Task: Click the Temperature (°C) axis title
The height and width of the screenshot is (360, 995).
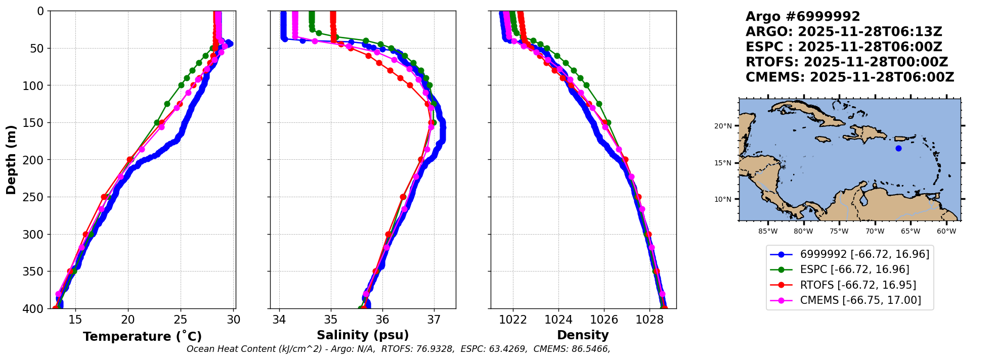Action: click(142, 337)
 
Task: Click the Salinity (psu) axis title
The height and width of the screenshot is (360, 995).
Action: click(363, 335)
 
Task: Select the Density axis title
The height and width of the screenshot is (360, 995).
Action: click(583, 335)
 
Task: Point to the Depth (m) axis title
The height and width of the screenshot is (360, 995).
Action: click(11, 160)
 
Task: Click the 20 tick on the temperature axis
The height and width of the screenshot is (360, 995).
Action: click(128, 320)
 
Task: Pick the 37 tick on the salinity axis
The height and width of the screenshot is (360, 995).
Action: click(434, 320)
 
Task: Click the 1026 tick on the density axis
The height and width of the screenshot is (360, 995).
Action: click(604, 320)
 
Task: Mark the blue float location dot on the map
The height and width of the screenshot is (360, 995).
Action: click(898, 148)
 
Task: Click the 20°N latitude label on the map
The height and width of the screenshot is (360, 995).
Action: click(723, 126)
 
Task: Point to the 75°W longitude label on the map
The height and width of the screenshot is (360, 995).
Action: click(839, 232)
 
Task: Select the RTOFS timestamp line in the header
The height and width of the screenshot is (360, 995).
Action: click(846, 62)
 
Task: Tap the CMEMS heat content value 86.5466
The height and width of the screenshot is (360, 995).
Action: click(590, 349)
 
